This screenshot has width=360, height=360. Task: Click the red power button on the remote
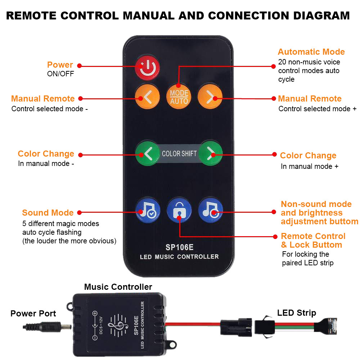pos(147,67)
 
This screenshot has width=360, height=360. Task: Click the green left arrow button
pos(147,154)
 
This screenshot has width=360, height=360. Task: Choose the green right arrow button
pos(211,154)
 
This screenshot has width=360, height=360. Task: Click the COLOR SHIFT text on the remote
pos(179,154)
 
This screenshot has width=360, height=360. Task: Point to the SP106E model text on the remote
pos(179,248)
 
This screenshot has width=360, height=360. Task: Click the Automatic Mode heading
pos(311,52)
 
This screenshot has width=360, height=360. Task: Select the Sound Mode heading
pos(48,213)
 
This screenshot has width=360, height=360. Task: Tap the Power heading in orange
pos(60,65)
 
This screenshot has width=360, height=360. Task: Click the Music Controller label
pos(118,287)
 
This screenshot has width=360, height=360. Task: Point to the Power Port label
pos(33,314)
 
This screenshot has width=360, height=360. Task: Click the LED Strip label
pos(296,313)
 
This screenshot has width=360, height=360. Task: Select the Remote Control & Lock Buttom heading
pos(313,240)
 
